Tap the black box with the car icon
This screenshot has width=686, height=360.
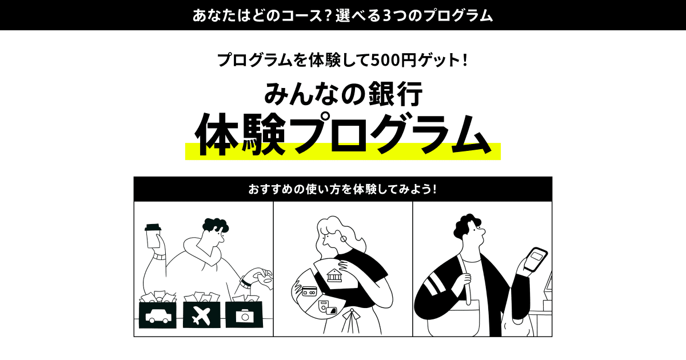(x=157, y=315)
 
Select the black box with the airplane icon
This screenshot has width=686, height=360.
(x=201, y=315)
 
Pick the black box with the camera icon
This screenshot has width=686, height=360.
(x=244, y=315)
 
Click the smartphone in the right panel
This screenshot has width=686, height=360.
(x=535, y=259)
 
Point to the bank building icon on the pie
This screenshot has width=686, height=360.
(x=334, y=275)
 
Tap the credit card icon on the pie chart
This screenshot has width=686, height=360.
(x=309, y=291)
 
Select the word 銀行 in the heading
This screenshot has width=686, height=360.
(x=396, y=94)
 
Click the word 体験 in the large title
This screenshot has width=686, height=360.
(x=241, y=134)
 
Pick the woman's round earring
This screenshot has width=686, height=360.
(x=344, y=239)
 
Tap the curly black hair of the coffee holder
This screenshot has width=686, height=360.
(x=216, y=226)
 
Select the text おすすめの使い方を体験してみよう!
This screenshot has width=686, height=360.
(x=342, y=189)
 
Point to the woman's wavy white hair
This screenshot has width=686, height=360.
(x=340, y=235)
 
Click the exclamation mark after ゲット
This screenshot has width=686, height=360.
(x=465, y=60)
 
